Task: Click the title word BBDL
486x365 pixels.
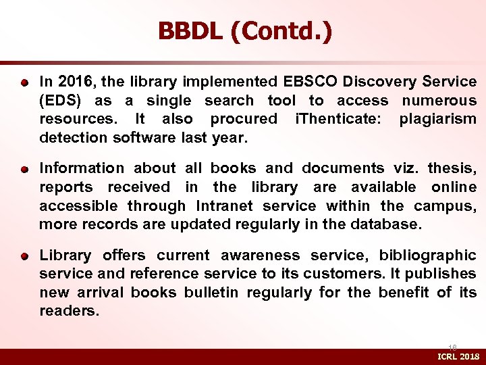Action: tap(190, 32)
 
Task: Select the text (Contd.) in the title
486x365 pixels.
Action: tap(281, 32)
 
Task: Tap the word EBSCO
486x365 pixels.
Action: tap(311, 82)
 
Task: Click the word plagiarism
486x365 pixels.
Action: tap(438, 120)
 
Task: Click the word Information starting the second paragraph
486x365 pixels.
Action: tap(82, 168)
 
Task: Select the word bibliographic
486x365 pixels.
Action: tap(427, 255)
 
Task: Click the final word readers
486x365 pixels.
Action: tap(69, 311)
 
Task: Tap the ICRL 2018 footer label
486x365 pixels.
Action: tap(458, 356)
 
